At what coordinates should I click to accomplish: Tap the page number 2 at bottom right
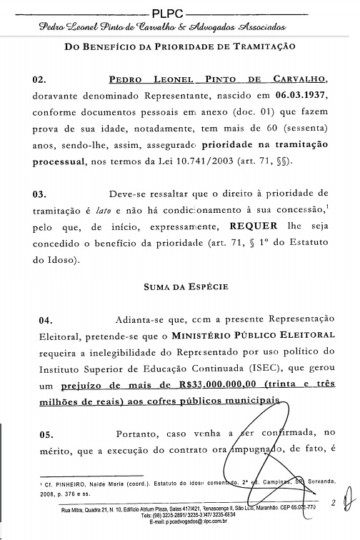(x=333, y=503)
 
